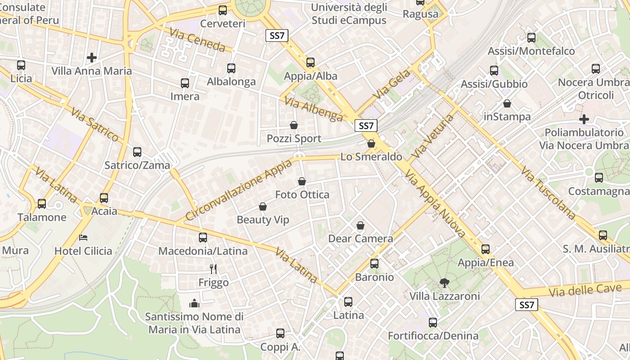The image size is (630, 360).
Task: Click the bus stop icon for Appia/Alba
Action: (x=310, y=63)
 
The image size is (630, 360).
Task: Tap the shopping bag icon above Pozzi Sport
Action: (x=294, y=125)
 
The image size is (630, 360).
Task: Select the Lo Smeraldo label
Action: (x=371, y=157)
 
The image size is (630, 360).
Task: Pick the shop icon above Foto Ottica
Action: (x=302, y=181)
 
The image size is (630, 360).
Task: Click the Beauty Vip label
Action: (x=263, y=220)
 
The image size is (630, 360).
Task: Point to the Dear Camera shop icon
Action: (x=360, y=225)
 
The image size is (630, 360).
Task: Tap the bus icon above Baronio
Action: (x=374, y=264)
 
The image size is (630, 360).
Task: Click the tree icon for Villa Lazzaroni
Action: (x=444, y=283)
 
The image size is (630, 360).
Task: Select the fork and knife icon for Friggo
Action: (x=214, y=269)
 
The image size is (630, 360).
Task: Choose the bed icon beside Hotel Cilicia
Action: (x=83, y=237)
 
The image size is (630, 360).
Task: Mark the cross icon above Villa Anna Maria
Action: (x=92, y=58)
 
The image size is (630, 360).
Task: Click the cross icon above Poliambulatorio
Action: (x=584, y=119)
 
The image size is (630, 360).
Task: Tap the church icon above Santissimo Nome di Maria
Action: (x=194, y=303)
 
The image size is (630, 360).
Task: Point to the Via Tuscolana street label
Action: (x=548, y=193)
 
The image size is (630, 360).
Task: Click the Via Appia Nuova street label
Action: (x=435, y=203)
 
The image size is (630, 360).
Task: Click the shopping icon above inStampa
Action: (x=507, y=103)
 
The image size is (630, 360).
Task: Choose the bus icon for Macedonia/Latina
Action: (x=203, y=237)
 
